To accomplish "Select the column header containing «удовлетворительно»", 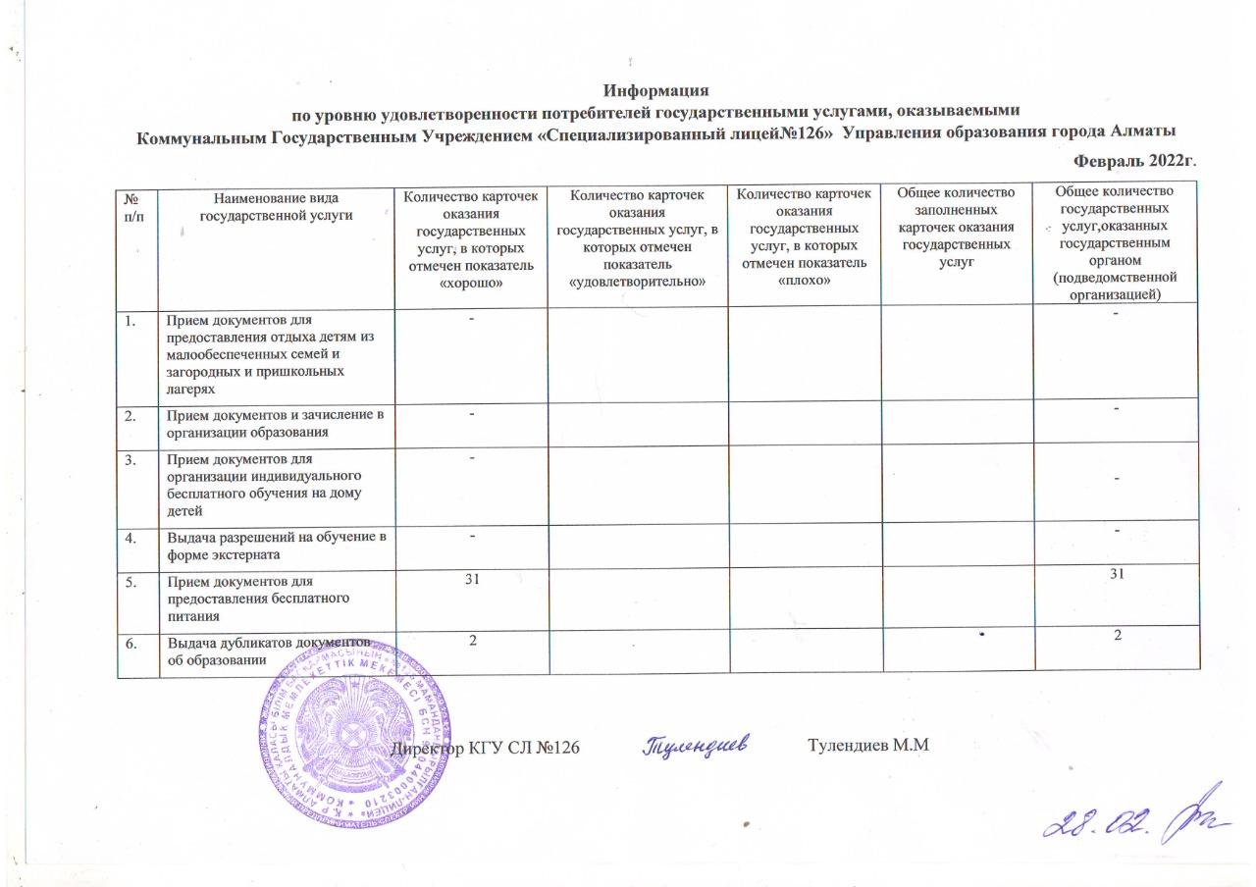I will pyautogui.click(x=638, y=239).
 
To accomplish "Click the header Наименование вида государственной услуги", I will pyautogui.click(x=275, y=205).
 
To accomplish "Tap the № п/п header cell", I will pyautogui.click(x=136, y=205).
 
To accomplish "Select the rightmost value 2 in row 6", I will pyautogui.click(x=1117, y=635).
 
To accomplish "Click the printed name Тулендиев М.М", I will pyautogui.click(x=868, y=749).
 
